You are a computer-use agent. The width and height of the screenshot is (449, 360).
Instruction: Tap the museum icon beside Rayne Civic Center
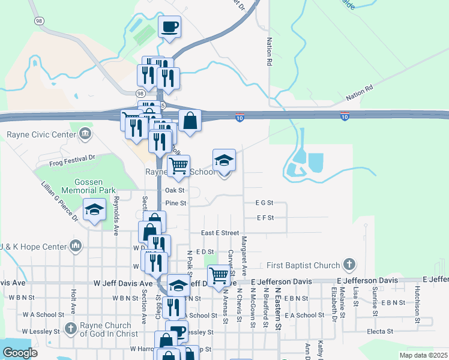85,133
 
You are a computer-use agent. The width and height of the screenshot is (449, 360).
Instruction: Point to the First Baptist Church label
304,265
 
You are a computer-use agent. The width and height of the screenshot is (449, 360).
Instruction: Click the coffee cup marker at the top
169,27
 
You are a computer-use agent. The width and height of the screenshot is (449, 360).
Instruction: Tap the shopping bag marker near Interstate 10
190,121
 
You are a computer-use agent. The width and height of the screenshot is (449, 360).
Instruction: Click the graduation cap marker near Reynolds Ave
94,210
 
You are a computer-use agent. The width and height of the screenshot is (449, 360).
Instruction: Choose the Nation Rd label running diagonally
360,93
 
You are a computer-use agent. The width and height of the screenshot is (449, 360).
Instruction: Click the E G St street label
264,203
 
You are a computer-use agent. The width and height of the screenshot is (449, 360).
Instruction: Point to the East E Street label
220,233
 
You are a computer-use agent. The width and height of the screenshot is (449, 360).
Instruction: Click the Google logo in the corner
20,353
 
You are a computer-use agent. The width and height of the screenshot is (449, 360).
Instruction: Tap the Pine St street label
176,203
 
